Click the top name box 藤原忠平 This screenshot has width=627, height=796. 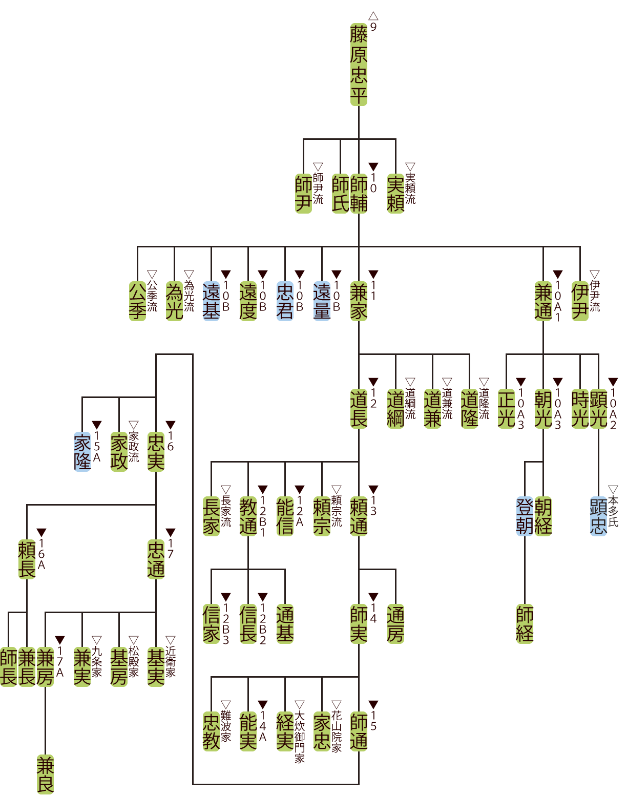[x=359, y=65]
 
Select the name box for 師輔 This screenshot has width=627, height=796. [x=359, y=194]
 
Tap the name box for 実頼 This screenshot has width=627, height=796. [x=395, y=194]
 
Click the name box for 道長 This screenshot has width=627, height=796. [x=359, y=409]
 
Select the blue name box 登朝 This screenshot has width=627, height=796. [x=525, y=516]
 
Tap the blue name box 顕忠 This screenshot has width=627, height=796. [x=598, y=516]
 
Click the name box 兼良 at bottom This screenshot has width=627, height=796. [x=45, y=774]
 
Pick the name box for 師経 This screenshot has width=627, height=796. [x=525, y=624]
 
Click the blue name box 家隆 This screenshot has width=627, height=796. [x=82, y=452]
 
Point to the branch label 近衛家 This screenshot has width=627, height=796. [x=171, y=661]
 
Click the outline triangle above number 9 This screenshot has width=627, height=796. [x=373, y=16]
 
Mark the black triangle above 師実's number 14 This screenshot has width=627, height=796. [x=373, y=597]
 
